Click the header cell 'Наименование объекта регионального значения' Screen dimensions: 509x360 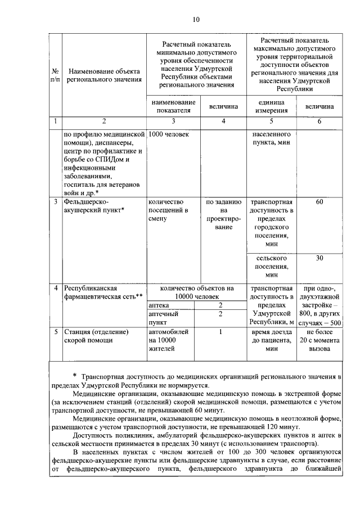pyautogui.click(x=103, y=76)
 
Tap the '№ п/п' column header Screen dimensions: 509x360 pyautogui.click(x=55, y=76)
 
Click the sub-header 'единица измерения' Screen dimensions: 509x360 pyautogui.click(x=271, y=106)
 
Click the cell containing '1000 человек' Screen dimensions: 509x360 pyautogui.click(x=169, y=135)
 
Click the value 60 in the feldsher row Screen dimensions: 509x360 pyautogui.click(x=319, y=202)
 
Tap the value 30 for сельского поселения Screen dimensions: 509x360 pyautogui.click(x=319, y=258)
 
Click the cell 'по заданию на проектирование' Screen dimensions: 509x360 pyautogui.click(x=223, y=214)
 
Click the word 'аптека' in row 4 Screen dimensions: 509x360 pyautogui.click(x=159, y=305)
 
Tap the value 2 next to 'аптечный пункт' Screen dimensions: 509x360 pyautogui.click(x=223, y=314)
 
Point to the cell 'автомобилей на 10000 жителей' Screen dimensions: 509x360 pyautogui.click(x=168, y=340)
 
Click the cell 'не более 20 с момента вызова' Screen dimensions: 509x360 pyautogui.click(x=319, y=340)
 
